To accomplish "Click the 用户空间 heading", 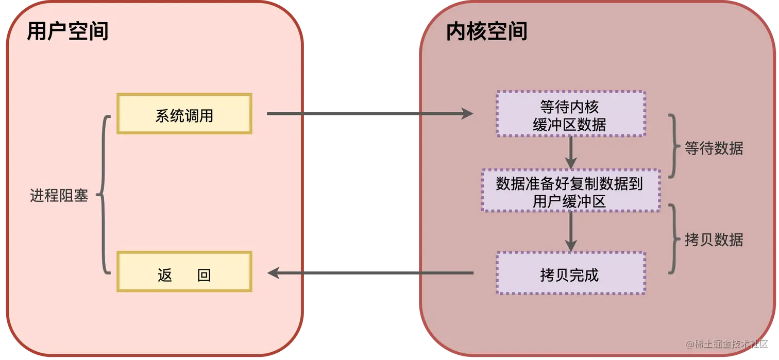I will coord(67,32).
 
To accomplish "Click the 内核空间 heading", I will coord(487,32).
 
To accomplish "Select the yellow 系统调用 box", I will coord(184,114).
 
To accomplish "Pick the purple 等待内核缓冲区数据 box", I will coord(570,114).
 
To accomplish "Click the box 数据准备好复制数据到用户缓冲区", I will coord(570,190).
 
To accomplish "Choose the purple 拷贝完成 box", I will coord(570,273).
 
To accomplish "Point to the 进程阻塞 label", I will coord(59,196).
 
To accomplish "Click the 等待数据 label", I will coord(714,148).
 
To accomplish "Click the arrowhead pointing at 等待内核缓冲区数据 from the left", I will coord(467,114).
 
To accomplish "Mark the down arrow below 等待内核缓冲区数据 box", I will coord(570,152).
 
